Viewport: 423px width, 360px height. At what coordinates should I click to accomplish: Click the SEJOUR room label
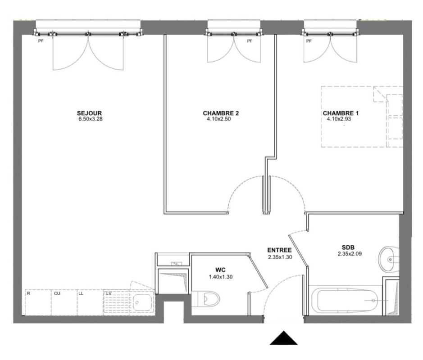(x=89, y=113)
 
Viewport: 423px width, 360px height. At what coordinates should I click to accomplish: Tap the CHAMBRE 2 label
(x=221, y=113)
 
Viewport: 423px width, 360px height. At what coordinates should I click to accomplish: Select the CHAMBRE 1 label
(x=341, y=113)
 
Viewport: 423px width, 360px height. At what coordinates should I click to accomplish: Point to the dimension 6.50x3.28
(x=91, y=119)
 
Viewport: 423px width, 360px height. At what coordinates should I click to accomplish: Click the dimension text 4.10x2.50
(x=218, y=119)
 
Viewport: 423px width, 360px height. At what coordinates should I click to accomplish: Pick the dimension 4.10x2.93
(x=339, y=119)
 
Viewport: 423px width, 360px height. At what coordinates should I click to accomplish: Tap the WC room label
(x=220, y=270)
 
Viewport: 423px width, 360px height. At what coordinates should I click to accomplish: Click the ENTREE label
(x=279, y=250)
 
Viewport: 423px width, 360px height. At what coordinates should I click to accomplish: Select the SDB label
(x=348, y=247)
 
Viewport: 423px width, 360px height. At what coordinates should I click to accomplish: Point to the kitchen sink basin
(x=142, y=302)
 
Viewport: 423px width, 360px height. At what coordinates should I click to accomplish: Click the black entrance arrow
(x=283, y=338)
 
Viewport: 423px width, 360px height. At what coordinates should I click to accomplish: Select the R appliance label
(x=28, y=293)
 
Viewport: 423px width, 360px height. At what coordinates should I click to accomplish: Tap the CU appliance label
(x=57, y=293)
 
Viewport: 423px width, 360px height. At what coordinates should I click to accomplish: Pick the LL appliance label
(x=81, y=293)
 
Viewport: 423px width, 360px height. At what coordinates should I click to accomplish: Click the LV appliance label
(x=109, y=293)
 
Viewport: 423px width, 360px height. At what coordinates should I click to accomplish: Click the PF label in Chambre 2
(x=250, y=41)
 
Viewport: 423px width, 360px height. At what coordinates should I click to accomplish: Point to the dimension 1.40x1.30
(x=221, y=277)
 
